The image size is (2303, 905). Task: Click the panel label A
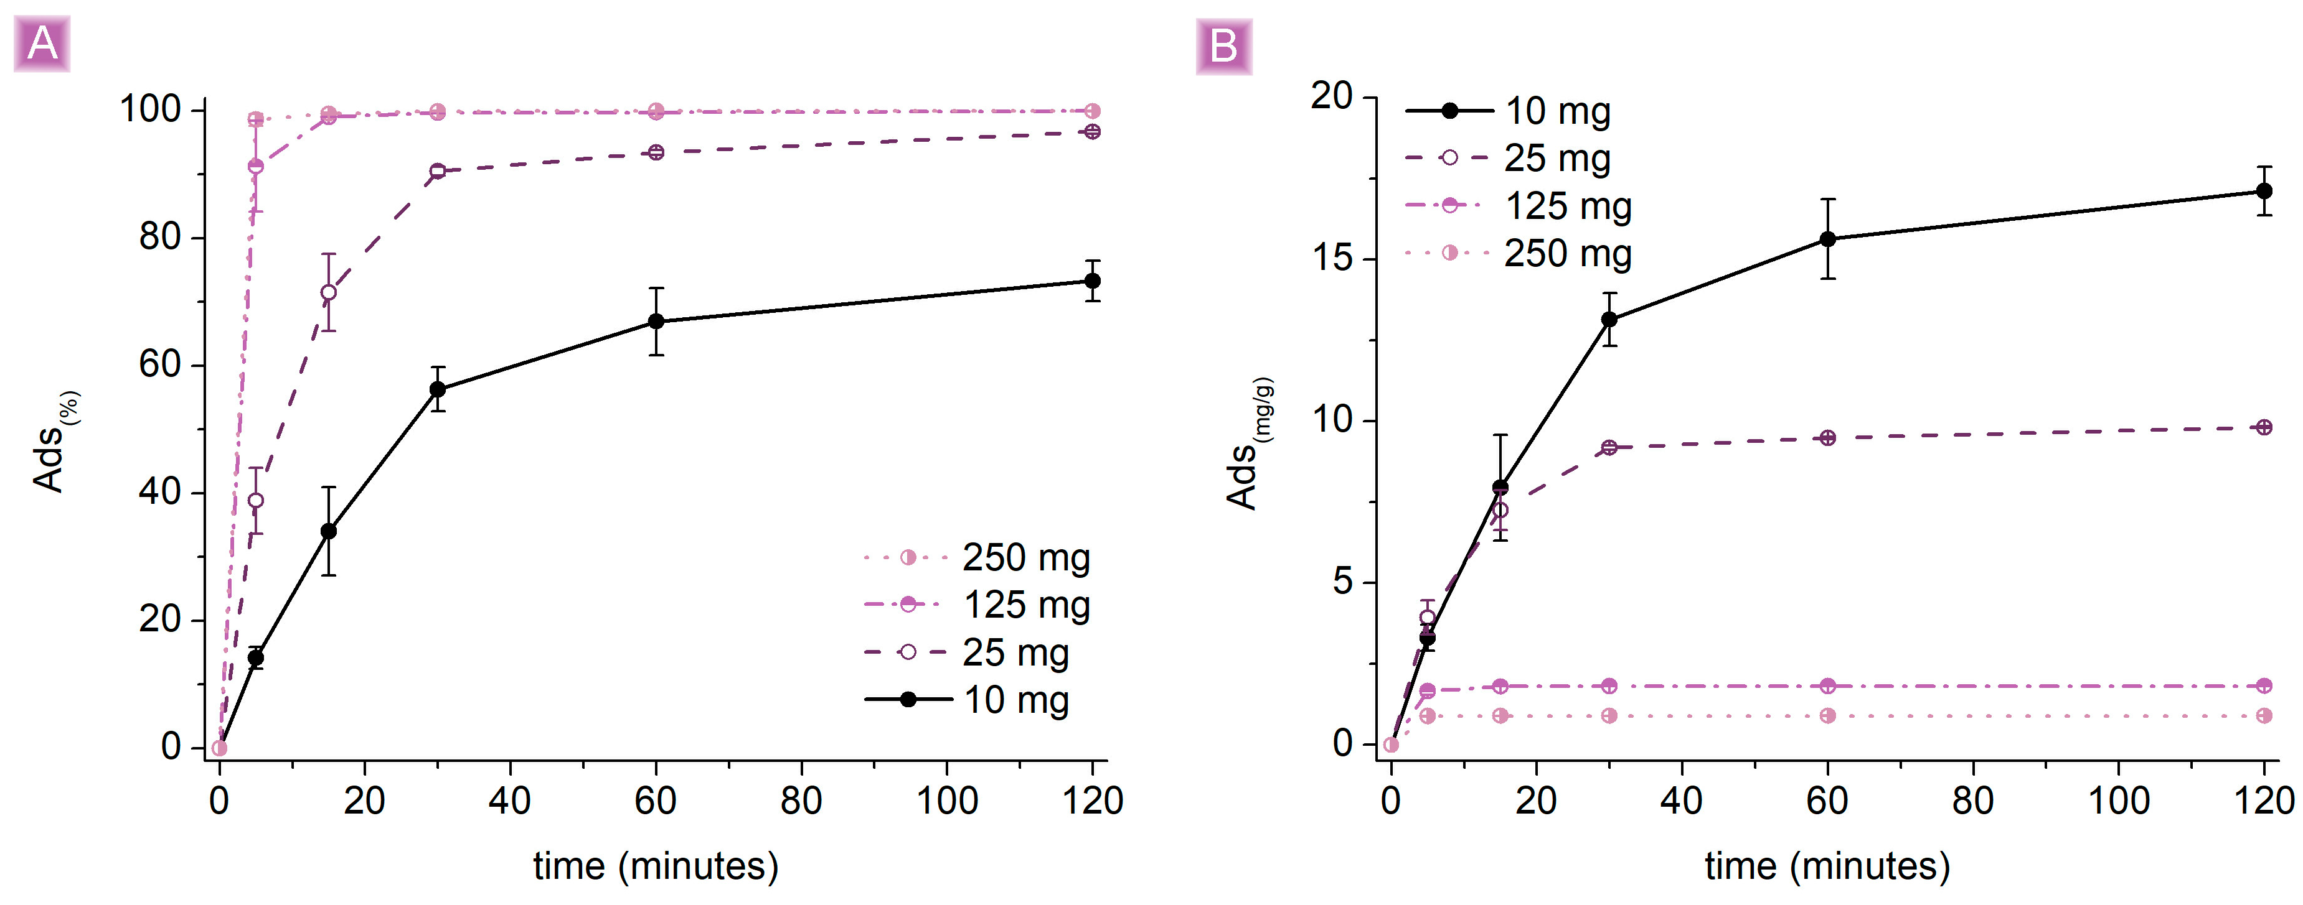tap(42, 44)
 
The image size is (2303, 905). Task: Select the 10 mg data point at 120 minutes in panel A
tap(1091, 281)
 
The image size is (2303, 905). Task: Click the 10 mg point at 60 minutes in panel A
tap(656, 322)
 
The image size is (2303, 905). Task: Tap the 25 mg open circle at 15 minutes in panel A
tap(328, 292)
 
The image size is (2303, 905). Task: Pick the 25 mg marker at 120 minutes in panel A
tap(1091, 131)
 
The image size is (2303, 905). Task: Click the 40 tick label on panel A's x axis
tap(509, 801)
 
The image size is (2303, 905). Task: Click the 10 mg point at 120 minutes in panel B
tap(2264, 190)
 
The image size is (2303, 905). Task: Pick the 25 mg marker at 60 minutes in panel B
tap(1827, 438)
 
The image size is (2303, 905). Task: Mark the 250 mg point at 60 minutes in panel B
tap(1827, 715)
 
